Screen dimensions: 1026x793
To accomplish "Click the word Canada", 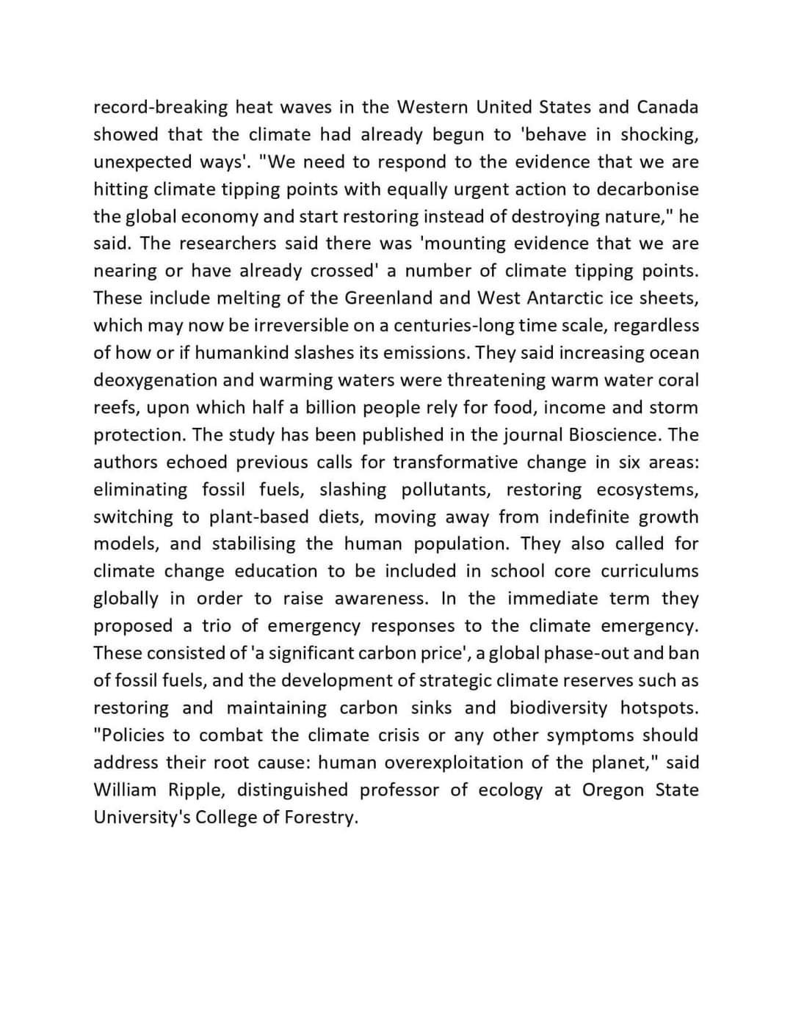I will coord(667,107).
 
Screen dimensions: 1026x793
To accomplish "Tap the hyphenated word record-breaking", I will coord(161,107).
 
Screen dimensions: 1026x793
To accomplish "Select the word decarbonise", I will coord(647,189).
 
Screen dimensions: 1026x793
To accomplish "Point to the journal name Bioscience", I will coord(615,434).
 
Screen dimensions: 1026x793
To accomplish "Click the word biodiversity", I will coord(559,707).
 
